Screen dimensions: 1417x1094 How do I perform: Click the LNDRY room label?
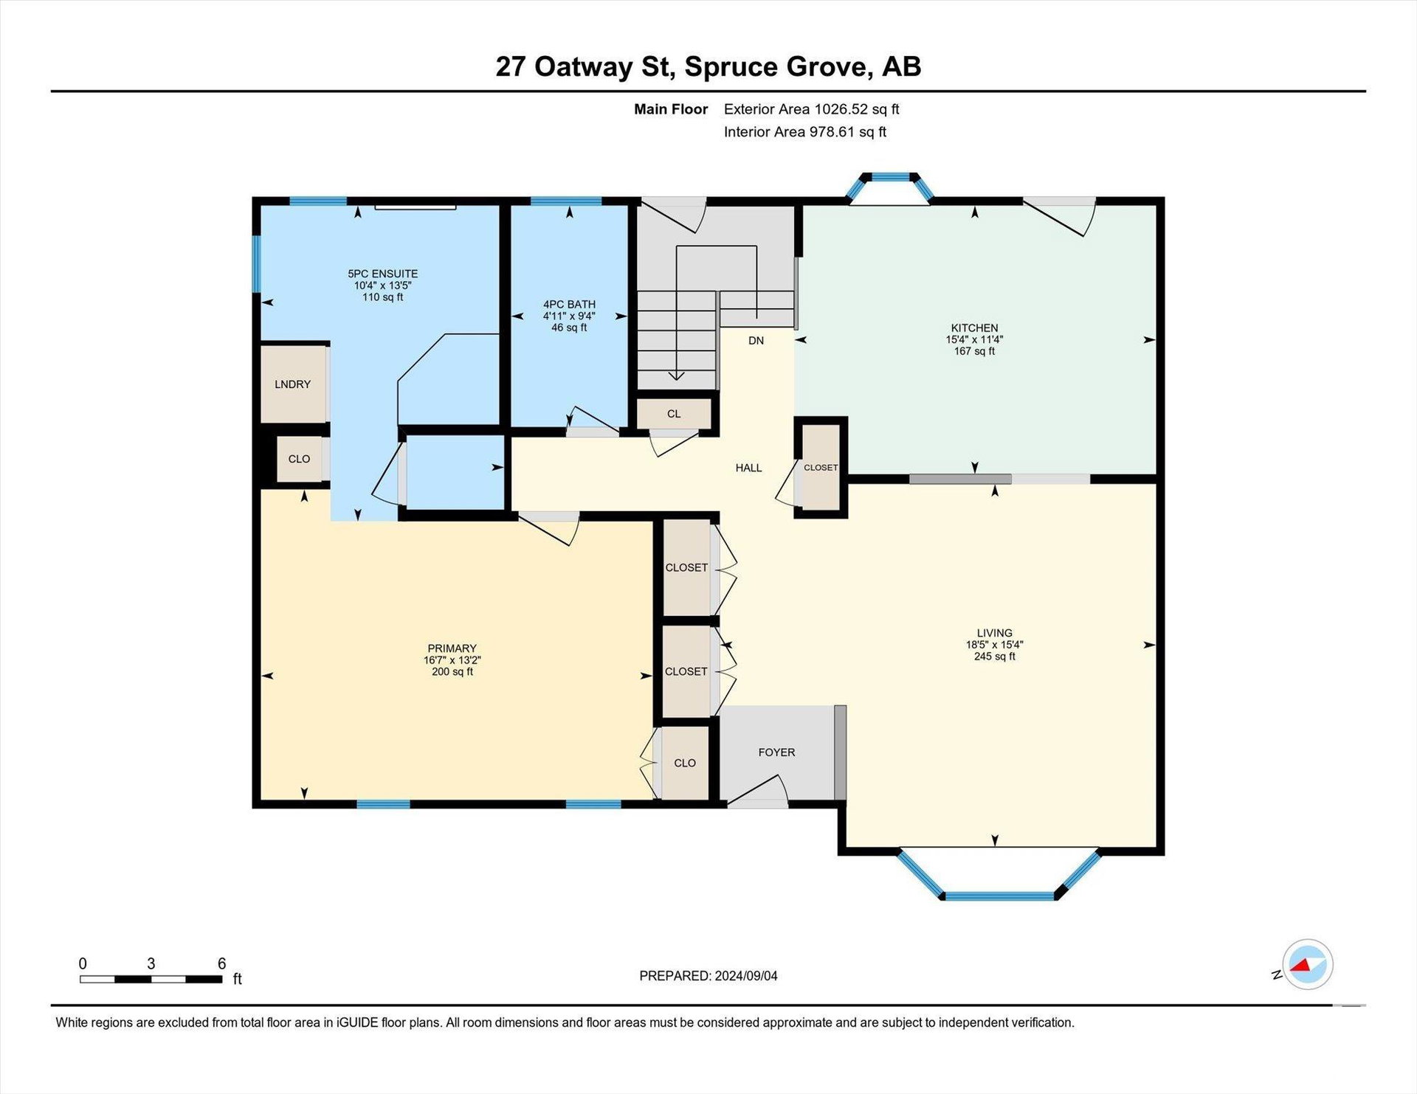coord(292,384)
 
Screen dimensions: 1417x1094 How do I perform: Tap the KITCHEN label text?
coord(974,328)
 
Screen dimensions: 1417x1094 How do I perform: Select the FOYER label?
coord(776,752)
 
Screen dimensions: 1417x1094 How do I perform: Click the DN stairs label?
coord(756,341)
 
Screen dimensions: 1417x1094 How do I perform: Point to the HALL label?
coord(748,468)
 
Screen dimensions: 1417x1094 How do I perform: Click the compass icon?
coord(1307,964)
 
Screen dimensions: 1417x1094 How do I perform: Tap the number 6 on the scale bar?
coord(221,963)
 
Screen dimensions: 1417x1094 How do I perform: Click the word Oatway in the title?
coord(583,66)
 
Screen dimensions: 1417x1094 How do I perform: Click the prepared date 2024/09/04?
coord(745,976)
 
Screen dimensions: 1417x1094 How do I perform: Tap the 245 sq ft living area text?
coord(994,657)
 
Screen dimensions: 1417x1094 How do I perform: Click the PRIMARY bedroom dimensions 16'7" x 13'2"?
coord(452,660)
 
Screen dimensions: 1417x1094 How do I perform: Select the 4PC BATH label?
coord(569,305)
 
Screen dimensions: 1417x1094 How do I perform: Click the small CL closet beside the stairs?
coord(674,414)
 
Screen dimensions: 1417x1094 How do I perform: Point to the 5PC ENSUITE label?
coord(382,274)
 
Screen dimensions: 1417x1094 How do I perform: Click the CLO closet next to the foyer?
coord(685,763)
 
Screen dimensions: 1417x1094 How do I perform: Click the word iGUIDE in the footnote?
coord(357,1022)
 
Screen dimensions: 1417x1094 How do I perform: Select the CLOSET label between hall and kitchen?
coord(821,468)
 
